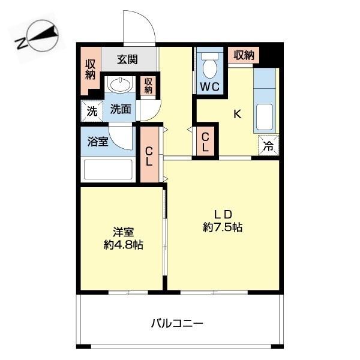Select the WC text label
(x=210, y=86)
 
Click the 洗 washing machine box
(x=91, y=110)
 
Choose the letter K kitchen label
(x=238, y=115)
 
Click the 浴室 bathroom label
(x=98, y=142)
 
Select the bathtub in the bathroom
(x=108, y=169)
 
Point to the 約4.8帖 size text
(x=122, y=245)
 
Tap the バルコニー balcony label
(x=177, y=323)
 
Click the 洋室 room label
(x=122, y=232)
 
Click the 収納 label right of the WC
(x=244, y=55)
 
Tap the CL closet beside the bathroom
(x=148, y=155)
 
